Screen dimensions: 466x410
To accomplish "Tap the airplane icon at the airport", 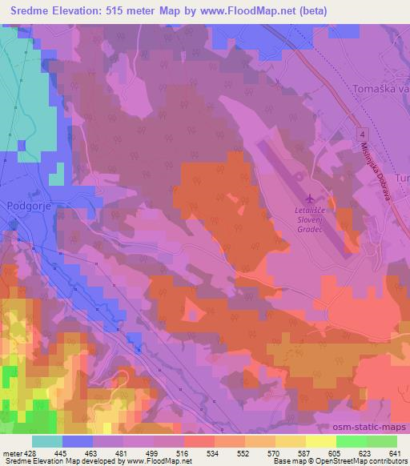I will click(311, 197).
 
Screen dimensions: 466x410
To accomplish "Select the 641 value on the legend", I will click(394, 452).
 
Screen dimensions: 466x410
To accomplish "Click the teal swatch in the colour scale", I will click(46, 440).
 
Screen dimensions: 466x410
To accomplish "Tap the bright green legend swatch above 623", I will click(350, 440).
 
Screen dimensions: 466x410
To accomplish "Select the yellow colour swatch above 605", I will click(320, 440).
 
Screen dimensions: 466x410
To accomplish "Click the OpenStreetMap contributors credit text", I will click(366, 461).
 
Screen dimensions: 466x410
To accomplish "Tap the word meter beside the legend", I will click(12, 452).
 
